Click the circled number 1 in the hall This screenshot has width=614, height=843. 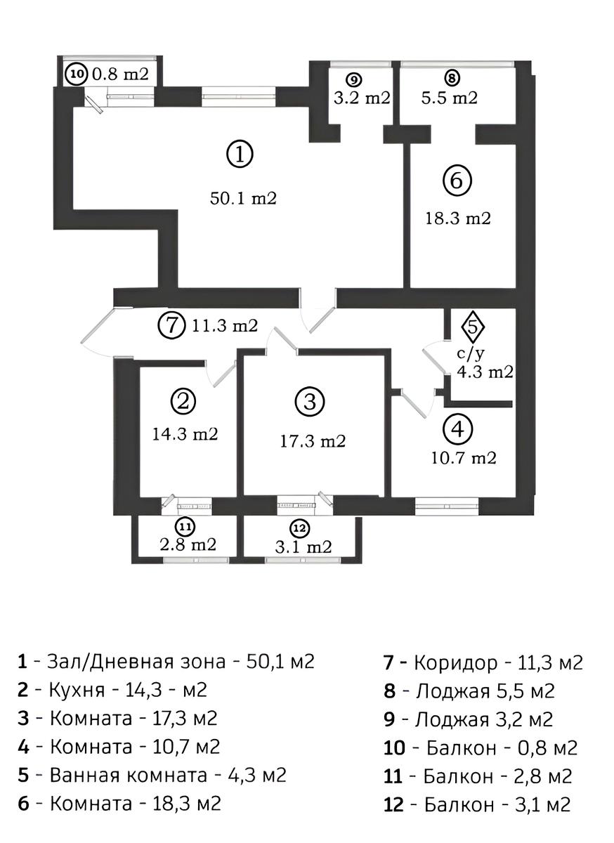(x=240, y=154)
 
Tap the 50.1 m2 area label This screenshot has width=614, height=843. (x=244, y=199)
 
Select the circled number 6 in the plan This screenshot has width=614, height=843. (x=457, y=181)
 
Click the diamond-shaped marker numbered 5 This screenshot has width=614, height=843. (x=475, y=326)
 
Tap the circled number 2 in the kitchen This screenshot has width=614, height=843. (x=184, y=402)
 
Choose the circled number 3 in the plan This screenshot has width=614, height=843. (x=309, y=403)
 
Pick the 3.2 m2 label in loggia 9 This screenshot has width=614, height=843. (x=362, y=98)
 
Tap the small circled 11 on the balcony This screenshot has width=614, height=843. (x=185, y=526)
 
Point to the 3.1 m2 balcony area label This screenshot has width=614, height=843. (x=303, y=547)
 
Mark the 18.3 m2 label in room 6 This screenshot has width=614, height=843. (x=458, y=218)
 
